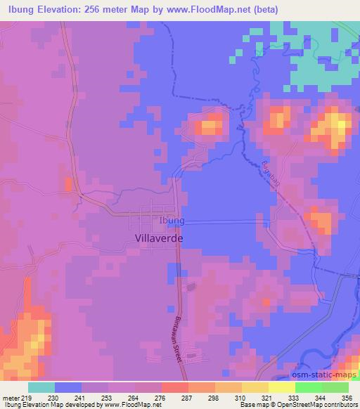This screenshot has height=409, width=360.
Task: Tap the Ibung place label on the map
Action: click(172, 221)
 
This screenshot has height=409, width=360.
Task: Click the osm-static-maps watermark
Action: click(324, 372)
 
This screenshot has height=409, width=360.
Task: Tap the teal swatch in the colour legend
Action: click(41, 387)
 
